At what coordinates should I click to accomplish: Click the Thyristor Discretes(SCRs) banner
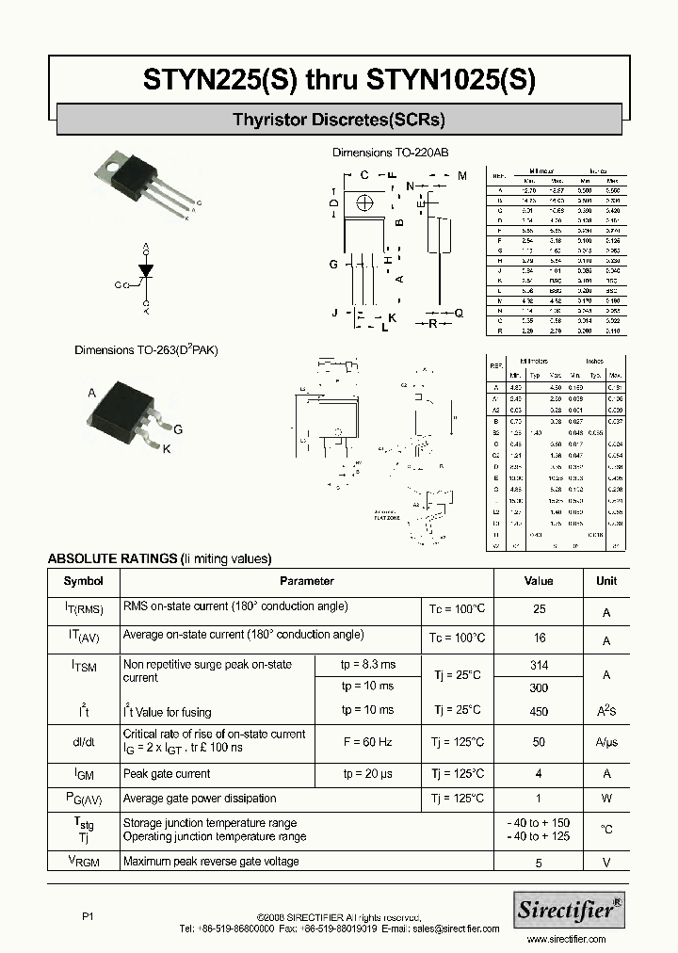click(339, 120)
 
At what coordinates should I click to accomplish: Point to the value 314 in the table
click(539, 665)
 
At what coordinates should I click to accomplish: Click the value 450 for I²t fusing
click(539, 712)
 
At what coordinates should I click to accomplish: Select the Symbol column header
click(83, 581)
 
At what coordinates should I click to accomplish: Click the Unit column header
click(606, 581)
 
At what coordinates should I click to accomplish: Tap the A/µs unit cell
click(606, 742)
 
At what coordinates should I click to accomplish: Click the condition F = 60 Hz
click(368, 742)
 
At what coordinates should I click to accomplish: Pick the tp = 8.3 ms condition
click(368, 665)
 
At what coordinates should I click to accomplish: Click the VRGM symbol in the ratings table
click(83, 861)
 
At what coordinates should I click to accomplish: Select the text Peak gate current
click(167, 774)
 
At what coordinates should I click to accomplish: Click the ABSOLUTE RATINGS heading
click(159, 558)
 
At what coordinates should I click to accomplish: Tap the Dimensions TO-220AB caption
click(391, 152)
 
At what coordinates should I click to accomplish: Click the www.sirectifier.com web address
click(568, 939)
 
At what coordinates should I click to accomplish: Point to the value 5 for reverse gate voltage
click(539, 862)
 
